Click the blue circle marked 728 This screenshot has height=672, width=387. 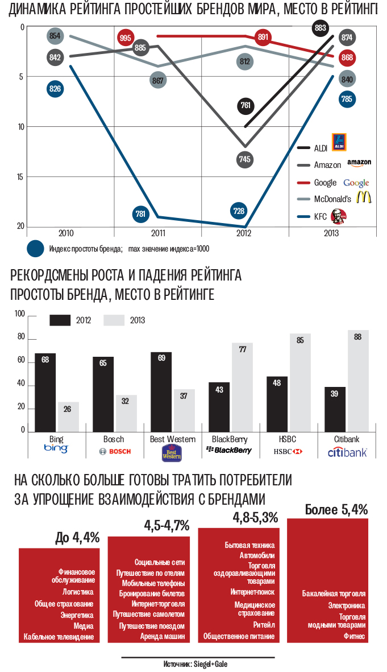tap(239, 211)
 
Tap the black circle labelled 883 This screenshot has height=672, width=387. tap(321, 27)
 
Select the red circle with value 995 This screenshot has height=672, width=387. tap(126, 38)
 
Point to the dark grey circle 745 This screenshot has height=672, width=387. tap(244, 159)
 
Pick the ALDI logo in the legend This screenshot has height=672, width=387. tap(339, 142)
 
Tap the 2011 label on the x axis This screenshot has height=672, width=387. tap(158, 233)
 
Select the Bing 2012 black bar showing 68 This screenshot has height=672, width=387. tap(45, 393)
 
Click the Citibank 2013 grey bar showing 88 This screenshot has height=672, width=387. tap(357, 381)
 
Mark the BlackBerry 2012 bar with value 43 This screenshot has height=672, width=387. tap(219, 407)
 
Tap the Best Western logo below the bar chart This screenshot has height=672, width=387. tap(172, 452)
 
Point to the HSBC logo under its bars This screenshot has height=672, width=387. tap(288, 451)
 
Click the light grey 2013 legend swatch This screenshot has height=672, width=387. tap(114, 320)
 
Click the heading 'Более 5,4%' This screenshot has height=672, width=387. tap(336, 510)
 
